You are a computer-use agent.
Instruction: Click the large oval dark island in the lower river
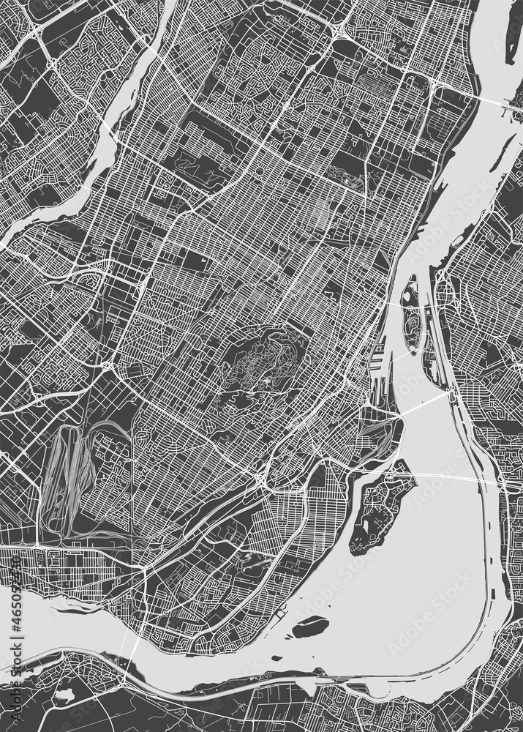(x=311, y=627)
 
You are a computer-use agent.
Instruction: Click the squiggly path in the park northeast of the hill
(x=344, y=176)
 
